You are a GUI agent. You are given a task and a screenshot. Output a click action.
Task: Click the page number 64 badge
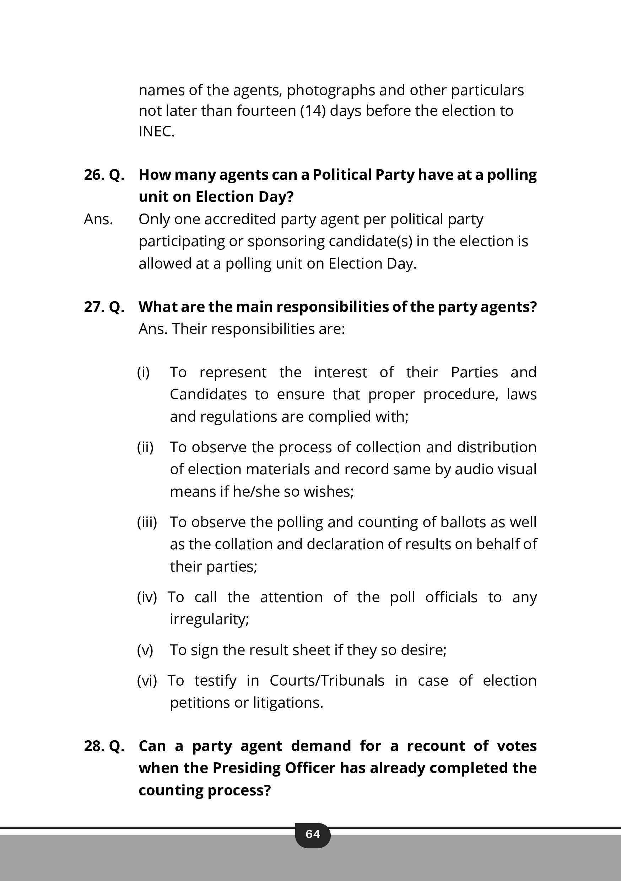(x=312, y=834)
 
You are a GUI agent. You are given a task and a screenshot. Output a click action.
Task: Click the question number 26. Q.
(x=104, y=175)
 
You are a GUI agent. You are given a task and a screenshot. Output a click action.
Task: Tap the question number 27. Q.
(x=104, y=307)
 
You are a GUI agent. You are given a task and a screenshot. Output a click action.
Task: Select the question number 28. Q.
(x=104, y=746)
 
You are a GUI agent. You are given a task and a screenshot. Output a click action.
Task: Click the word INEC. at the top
(x=157, y=131)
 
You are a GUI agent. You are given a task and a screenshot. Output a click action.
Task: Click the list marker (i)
(x=144, y=372)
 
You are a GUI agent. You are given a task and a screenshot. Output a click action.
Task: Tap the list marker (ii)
(x=145, y=447)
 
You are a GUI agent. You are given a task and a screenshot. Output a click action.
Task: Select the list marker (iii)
(x=147, y=522)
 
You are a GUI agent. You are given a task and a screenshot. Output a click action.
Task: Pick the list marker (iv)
(x=147, y=597)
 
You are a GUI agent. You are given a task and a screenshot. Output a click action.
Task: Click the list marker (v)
(x=145, y=650)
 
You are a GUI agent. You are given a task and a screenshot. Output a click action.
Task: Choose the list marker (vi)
(x=147, y=681)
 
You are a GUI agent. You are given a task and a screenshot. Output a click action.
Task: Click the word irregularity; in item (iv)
(x=209, y=619)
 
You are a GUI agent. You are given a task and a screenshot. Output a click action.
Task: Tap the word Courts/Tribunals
(x=326, y=681)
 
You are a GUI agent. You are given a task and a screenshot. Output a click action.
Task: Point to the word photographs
(x=331, y=91)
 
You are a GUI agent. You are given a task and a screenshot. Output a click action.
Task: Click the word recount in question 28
(x=436, y=746)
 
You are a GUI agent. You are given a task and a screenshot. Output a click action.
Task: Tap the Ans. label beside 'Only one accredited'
(x=98, y=220)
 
